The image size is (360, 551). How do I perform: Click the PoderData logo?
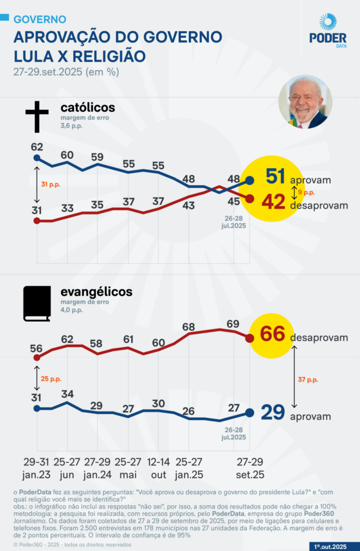328,31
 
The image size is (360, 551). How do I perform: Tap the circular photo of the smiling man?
305,102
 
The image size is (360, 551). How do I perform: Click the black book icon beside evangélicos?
37,304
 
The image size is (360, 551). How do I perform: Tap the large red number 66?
272,334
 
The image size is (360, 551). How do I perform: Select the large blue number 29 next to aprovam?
273,413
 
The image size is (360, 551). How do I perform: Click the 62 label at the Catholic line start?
37,146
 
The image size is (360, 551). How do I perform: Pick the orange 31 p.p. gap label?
51,185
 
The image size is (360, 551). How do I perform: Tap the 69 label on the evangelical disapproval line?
233,323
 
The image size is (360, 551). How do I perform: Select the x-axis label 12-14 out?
158,468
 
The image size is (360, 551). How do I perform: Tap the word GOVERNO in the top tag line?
40,19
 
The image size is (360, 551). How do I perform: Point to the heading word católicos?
87,108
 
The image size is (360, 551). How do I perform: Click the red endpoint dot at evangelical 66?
250,338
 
